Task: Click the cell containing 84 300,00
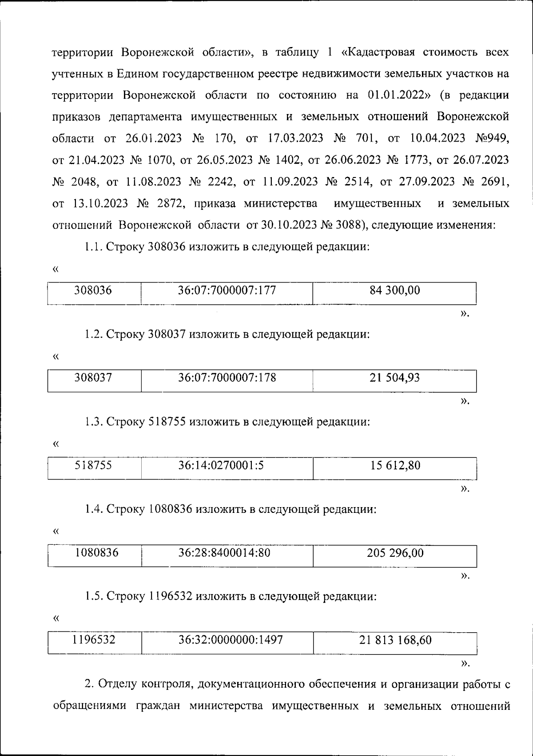pyautogui.click(x=394, y=291)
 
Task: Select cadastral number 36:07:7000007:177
pyautogui.click(x=227, y=291)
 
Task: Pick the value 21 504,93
pyautogui.click(x=394, y=378)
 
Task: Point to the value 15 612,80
pyautogui.click(x=395, y=466)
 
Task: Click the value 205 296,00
pyautogui.click(x=395, y=553)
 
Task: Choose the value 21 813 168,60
pyautogui.click(x=395, y=641)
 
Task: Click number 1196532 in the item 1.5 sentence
pyautogui.click(x=170, y=597)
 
